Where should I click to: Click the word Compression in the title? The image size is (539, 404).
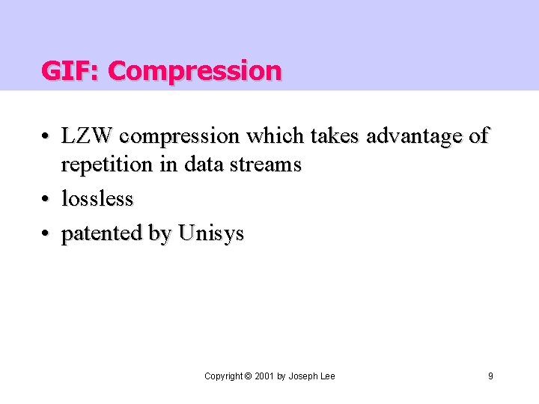click(x=195, y=72)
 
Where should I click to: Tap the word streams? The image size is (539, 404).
click(x=267, y=164)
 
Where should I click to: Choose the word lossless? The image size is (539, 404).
click(x=97, y=199)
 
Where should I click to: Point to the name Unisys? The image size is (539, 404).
click(x=210, y=234)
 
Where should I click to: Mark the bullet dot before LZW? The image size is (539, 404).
click(x=46, y=138)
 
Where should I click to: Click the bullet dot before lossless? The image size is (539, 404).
click(x=46, y=200)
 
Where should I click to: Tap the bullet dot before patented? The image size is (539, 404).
click(x=46, y=234)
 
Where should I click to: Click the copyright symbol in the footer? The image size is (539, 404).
click(x=248, y=376)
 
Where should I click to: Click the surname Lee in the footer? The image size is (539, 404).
click(x=327, y=376)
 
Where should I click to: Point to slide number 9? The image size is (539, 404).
click(x=490, y=376)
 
